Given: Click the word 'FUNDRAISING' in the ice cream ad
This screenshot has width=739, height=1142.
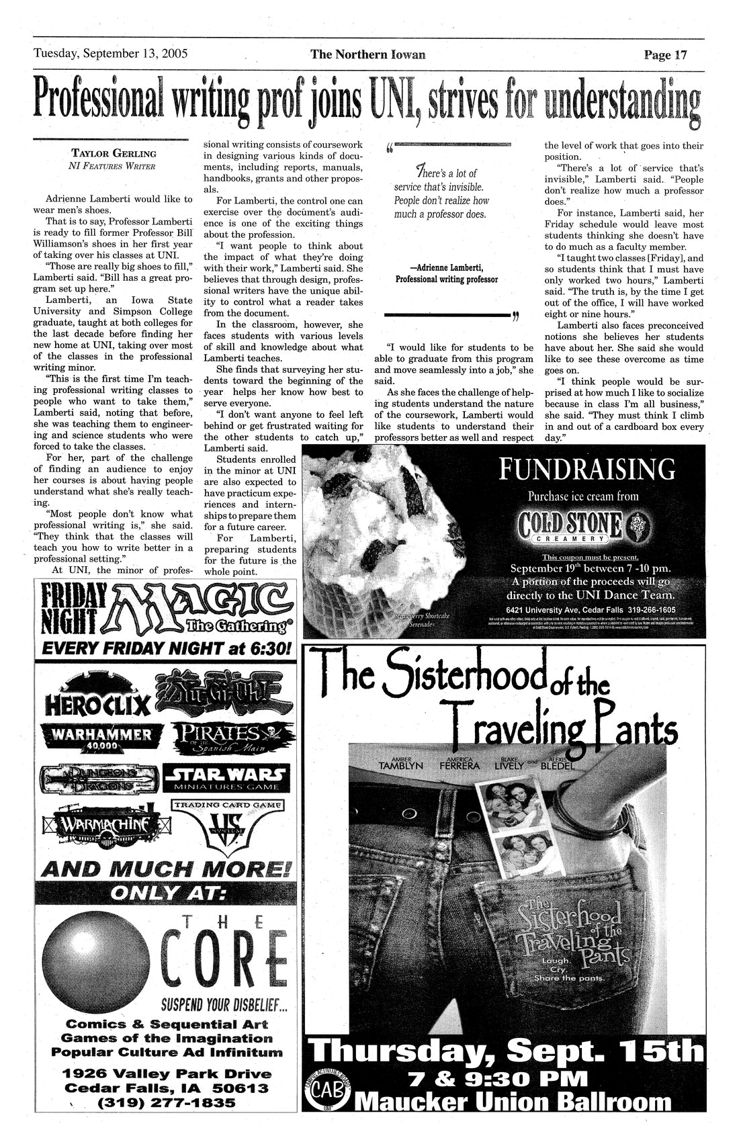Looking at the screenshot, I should (x=587, y=468).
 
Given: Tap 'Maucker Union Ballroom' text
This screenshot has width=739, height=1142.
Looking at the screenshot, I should (x=515, y=1102).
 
